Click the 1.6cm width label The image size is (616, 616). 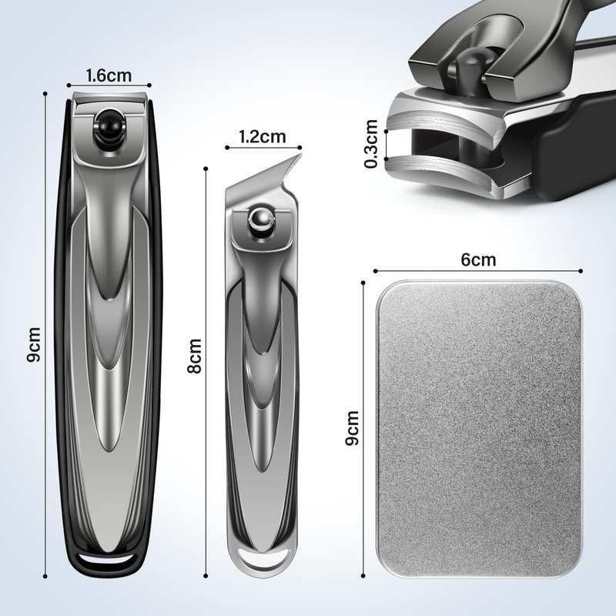coord(109,75)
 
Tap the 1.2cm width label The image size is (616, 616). coord(263,136)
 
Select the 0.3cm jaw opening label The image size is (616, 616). coord(370,144)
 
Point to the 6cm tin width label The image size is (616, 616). coord(478,259)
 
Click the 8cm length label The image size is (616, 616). coord(194,356)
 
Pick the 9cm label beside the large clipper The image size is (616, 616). coord(33,344)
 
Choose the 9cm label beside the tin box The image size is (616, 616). coord(352,428)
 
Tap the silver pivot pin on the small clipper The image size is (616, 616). coord(259,220)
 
